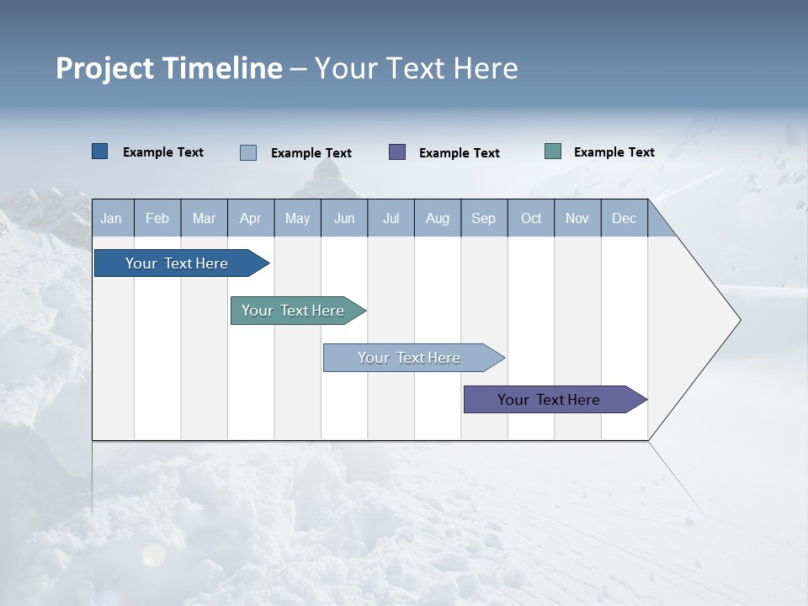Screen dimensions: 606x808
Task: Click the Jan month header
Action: tap(112, 218)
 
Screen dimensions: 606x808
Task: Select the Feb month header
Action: tap(157, 218)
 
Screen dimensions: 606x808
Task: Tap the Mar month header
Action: tap(204, 218)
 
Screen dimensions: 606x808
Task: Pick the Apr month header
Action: tap(251, 218)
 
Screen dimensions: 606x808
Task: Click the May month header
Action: tap(297, 218)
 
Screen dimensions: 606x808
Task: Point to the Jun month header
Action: tap(344, 218)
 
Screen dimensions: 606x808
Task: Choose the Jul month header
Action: tap(391, 218)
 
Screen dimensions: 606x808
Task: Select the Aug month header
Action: tap(438, 218)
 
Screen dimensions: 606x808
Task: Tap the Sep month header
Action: tap(484, 218)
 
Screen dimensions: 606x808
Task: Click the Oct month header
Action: tap(531, 218)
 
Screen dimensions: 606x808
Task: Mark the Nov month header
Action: tap(577, 218)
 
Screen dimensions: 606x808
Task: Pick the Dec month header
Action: tap(625, 218)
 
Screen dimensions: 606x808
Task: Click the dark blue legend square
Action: tap(100, 151)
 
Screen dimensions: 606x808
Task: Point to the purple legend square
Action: tap(397, 152)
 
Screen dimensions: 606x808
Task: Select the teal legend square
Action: tap(553, 151)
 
